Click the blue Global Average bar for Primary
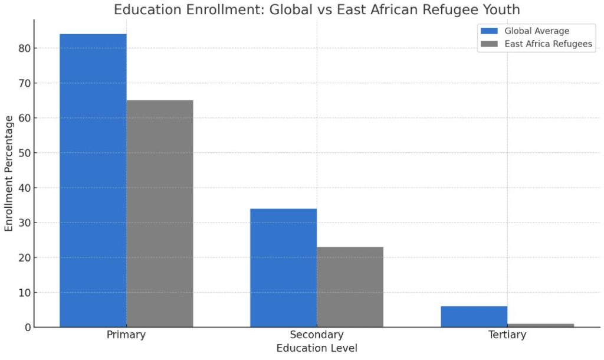(x=93, y=180)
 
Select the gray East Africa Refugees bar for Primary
(x=159, y=213)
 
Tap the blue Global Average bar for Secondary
(x=283, y=267)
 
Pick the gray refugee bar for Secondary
(x=350, y=287)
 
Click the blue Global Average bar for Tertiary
(x=474, y=316)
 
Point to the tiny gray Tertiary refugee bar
(x=540, y=325)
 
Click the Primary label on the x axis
(x=126, y=335)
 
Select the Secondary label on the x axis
(x=317, y=335)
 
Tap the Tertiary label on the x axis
(x=507, y=335)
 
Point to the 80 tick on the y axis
(x=24, y=48)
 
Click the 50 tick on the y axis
(x=24, y=153)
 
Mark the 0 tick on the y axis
(x=27, y=328)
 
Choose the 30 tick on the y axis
(x=24, y=223)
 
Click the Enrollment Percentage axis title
(x=9, y=174)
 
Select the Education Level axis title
(x=317, y=348)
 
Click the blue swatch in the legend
(x=490, y=31)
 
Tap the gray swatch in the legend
(x=490, y=44)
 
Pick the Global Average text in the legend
(x=537, y=31)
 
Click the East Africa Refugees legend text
(x=549, y=44)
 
